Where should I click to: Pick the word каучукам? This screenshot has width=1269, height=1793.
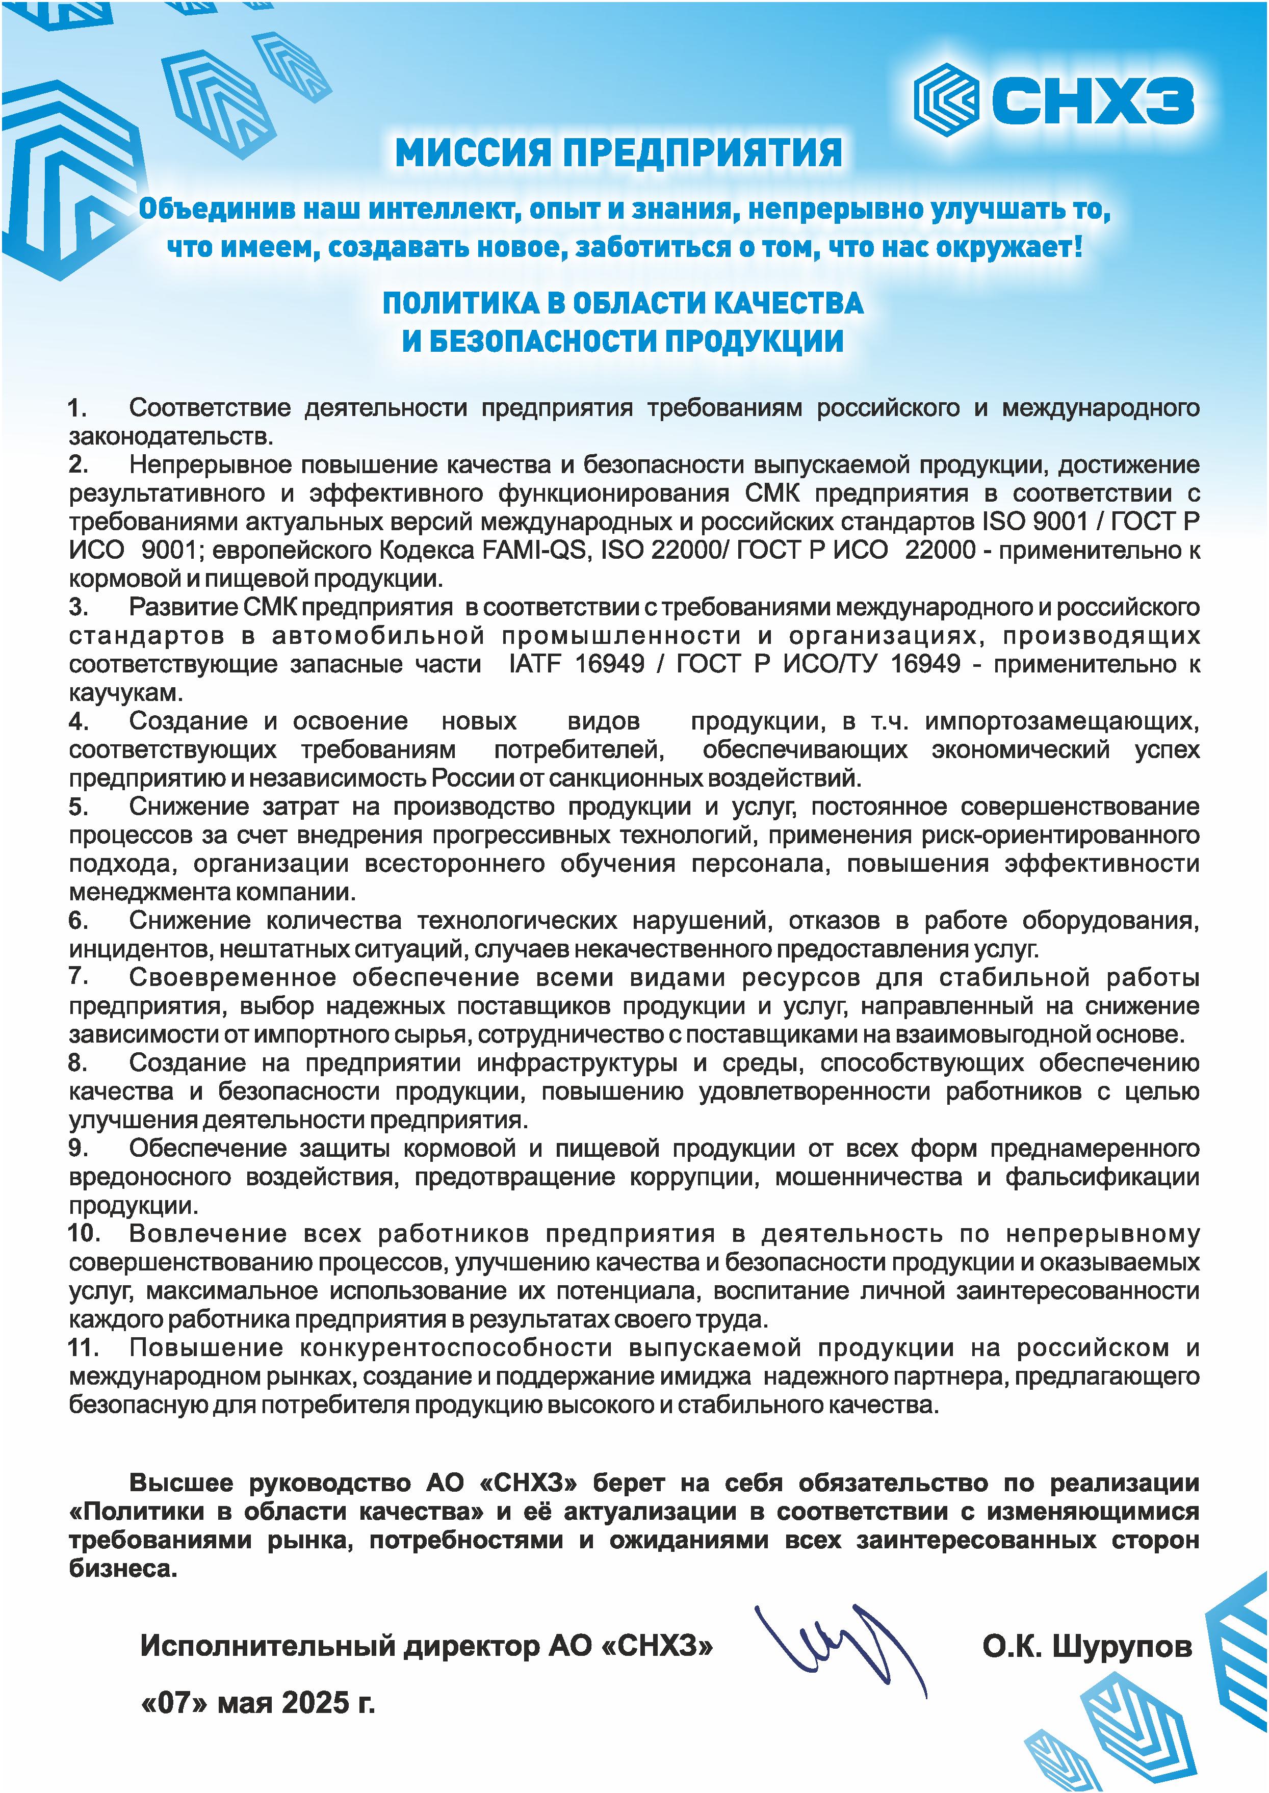pyautogui.click(x=125, y=692)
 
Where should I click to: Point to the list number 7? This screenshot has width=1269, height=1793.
pyautogui.click(x=77, y=977)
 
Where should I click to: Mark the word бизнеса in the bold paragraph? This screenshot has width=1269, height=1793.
pyautogui.click(x=123, y=1569)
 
